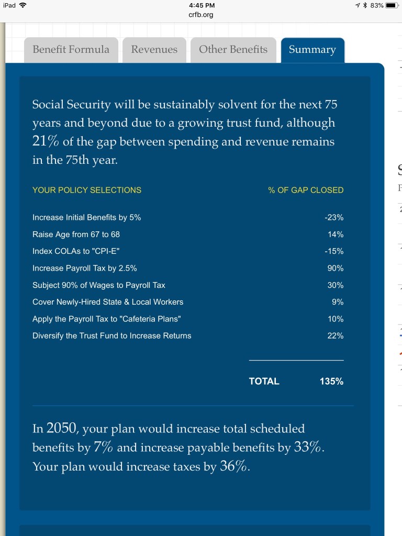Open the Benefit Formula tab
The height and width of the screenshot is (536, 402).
(x=71, y=50)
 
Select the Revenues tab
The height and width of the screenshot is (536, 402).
(x=154, y=50)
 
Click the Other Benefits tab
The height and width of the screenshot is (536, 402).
(x=233, y=50)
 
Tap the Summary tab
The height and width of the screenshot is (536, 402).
(x=312, y=50)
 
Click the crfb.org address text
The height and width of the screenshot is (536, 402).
(x=201, y=15)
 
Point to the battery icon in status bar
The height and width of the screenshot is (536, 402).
(x=393, y=5)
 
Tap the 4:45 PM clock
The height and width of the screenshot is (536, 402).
(x=201, y=5)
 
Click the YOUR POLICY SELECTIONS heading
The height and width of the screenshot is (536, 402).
(x=87, y=190)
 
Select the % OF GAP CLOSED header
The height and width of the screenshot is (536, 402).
(x=306, y=190)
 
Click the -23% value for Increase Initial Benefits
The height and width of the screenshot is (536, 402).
(x=334, y=217)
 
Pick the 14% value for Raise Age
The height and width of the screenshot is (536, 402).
(x=336, y=234)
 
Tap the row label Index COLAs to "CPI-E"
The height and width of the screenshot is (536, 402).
(x=76, y=251)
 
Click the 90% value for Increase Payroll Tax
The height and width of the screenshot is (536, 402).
(x=336, y=268)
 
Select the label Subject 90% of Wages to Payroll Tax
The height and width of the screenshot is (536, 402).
(x=99, y=285)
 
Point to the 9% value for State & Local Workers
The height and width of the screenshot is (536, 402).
(x=338, y=302)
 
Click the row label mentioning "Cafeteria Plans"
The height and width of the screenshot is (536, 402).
(x=107, y=319)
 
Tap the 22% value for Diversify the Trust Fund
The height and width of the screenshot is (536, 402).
(x=336, y=336)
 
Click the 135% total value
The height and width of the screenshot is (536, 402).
(x=331, y=382)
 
